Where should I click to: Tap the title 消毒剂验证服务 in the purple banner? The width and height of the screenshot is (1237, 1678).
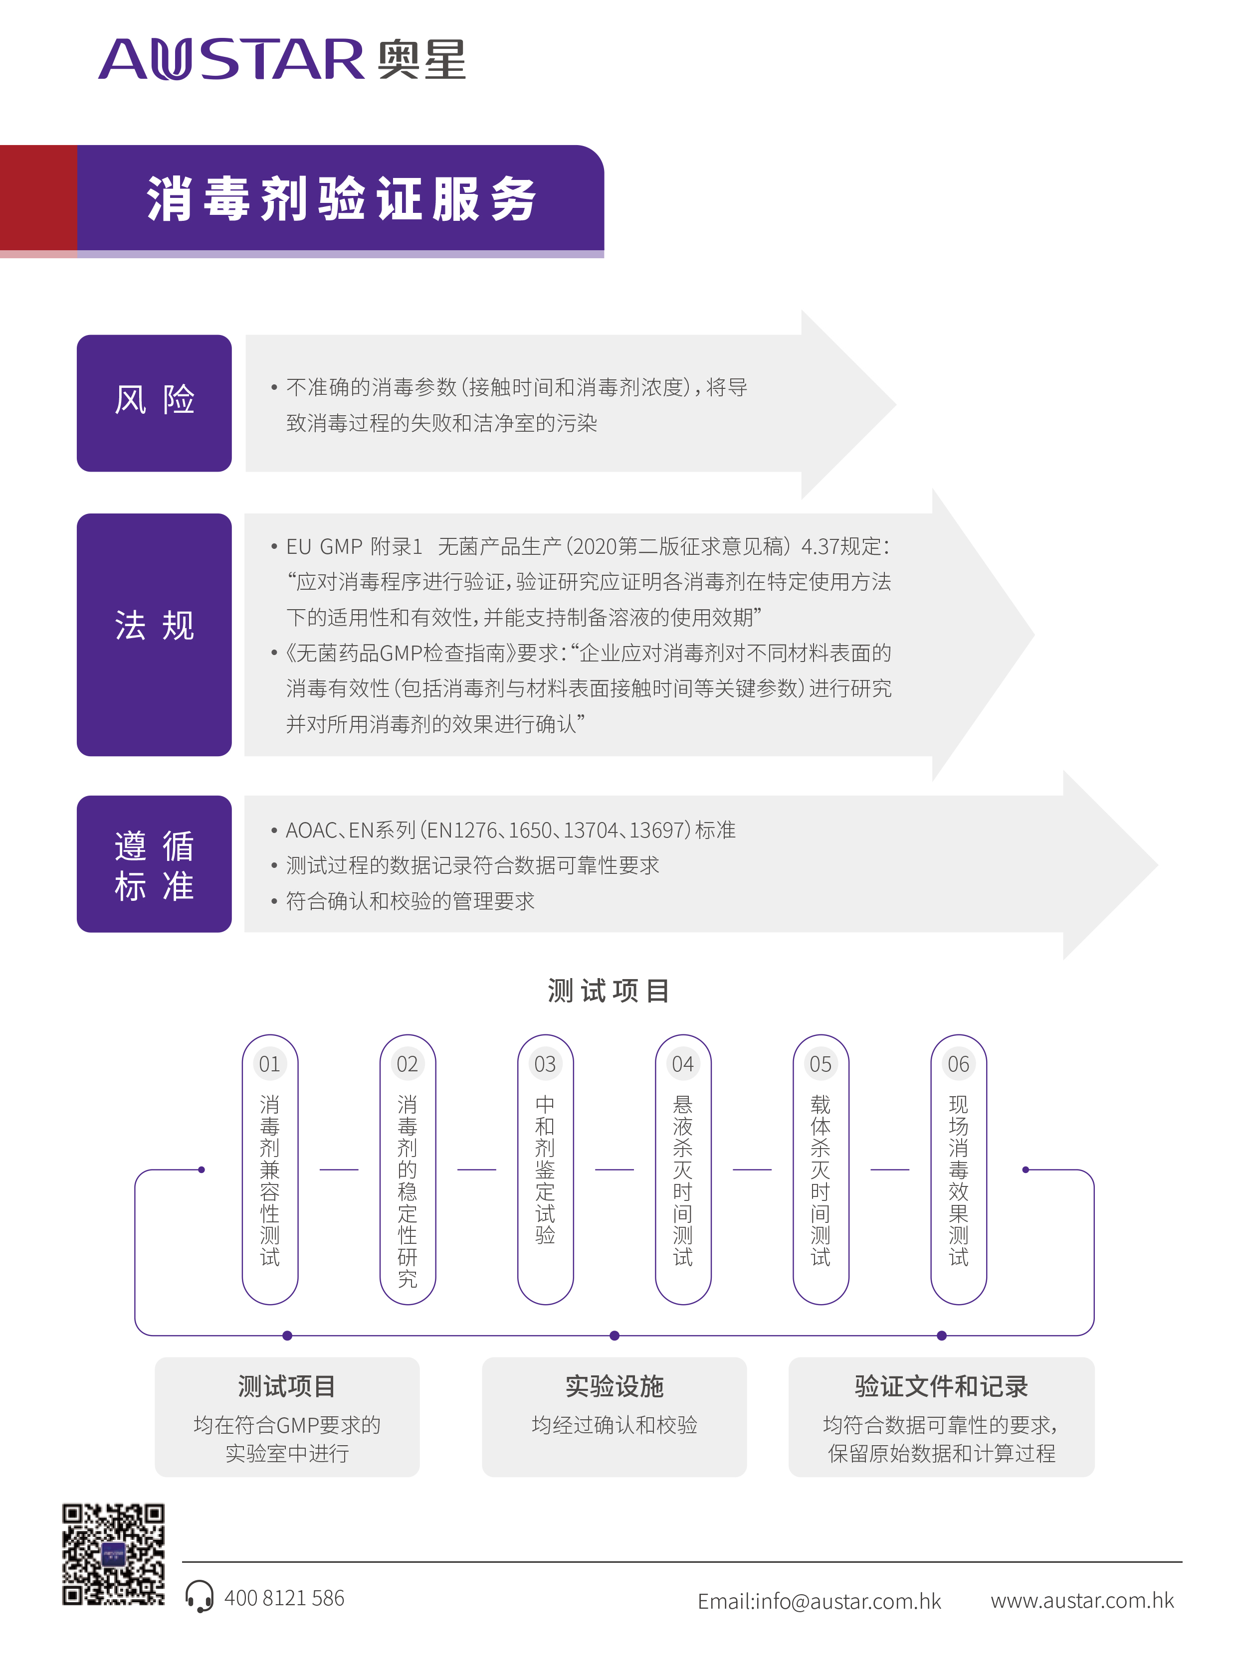342,199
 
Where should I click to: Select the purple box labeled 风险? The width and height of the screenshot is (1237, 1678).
154,403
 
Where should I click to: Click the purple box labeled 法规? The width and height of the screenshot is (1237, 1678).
154,634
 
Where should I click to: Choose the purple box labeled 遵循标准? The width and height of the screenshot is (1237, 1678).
154,864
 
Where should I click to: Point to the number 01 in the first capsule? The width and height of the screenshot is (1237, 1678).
269,1063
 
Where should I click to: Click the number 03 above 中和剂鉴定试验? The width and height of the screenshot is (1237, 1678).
545,1063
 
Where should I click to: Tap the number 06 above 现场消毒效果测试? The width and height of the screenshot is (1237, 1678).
959,1063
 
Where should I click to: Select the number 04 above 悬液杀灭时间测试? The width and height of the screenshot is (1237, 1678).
683,1063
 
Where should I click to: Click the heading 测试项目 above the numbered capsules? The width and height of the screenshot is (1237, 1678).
609,991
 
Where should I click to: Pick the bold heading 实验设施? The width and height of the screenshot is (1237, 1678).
614,1386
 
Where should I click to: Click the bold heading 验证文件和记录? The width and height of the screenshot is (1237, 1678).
941,1386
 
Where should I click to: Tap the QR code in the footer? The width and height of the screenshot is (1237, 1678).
114,1554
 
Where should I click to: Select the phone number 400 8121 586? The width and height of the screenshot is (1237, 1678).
284,1598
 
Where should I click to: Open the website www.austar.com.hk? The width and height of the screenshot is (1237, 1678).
1082,1600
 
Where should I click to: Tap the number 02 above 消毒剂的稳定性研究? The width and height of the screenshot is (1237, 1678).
408,1063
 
